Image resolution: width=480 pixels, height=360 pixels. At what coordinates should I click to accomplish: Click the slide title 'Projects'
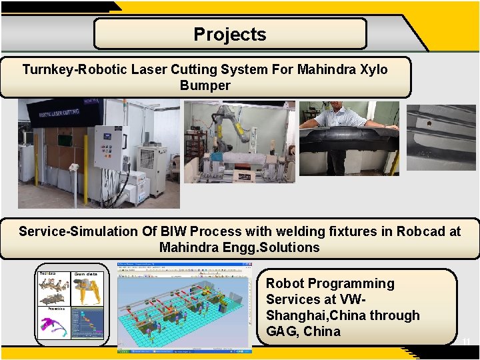click(x=230, y=35)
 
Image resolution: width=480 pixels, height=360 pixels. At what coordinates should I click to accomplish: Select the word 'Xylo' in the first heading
click(x=372, y=69)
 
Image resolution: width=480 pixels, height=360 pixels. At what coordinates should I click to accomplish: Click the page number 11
click(x=466, y=342)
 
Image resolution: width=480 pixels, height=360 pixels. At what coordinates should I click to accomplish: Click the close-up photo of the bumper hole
click(x=441, y=138)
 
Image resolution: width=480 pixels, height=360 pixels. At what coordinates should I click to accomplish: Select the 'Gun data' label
click(x=86, y=274)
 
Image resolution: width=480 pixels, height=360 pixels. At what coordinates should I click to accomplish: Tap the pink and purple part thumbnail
click(x=53, y=327)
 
